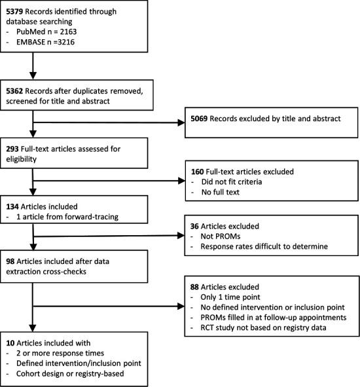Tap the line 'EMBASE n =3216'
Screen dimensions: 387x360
47,42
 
